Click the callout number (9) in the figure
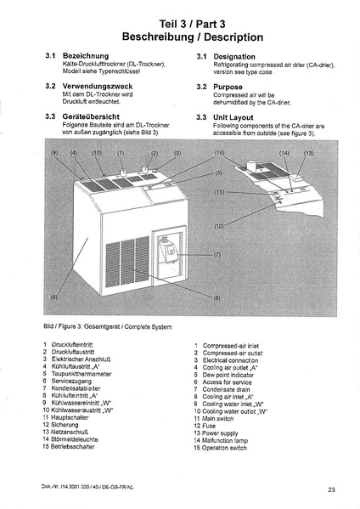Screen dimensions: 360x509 tap(54, 153)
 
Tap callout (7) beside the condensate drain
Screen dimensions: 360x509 tap(217, 255)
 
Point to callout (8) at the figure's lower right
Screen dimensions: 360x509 tap(217, 297)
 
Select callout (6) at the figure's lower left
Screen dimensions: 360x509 tap(54, 297)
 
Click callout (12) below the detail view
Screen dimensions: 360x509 tap(219, 226)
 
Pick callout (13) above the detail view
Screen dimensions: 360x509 tap(309, 153)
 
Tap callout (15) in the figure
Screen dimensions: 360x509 tap(219, 153)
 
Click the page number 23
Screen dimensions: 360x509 tap(331, 489)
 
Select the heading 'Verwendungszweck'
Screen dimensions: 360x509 tap(98, 87)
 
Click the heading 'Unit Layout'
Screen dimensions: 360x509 tap(233, 117)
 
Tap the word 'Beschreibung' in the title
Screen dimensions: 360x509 tap(158, 37)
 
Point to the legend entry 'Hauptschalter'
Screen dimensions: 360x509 tap(70, 417)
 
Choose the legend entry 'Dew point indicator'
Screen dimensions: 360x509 tap(228, 375)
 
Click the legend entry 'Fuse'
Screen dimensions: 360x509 tap(209, 426)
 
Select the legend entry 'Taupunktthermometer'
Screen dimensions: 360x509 tap(81, 374)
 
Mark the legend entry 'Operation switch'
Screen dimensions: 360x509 tap(224, 448)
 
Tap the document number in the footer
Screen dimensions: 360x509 tap(87, 487)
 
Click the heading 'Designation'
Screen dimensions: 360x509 tap(234, 57)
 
